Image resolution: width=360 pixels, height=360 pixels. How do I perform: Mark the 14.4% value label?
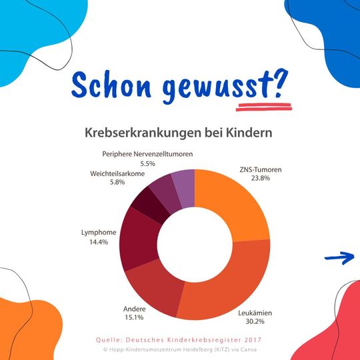98,241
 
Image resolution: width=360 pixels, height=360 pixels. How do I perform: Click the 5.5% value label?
147,163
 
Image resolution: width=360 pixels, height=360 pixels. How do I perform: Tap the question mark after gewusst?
279,82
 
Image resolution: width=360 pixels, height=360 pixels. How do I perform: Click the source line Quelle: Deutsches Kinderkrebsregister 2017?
180,339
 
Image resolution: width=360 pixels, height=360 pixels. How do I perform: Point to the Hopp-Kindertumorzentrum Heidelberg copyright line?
180,349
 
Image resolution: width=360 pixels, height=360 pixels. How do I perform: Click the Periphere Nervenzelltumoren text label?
147,154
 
